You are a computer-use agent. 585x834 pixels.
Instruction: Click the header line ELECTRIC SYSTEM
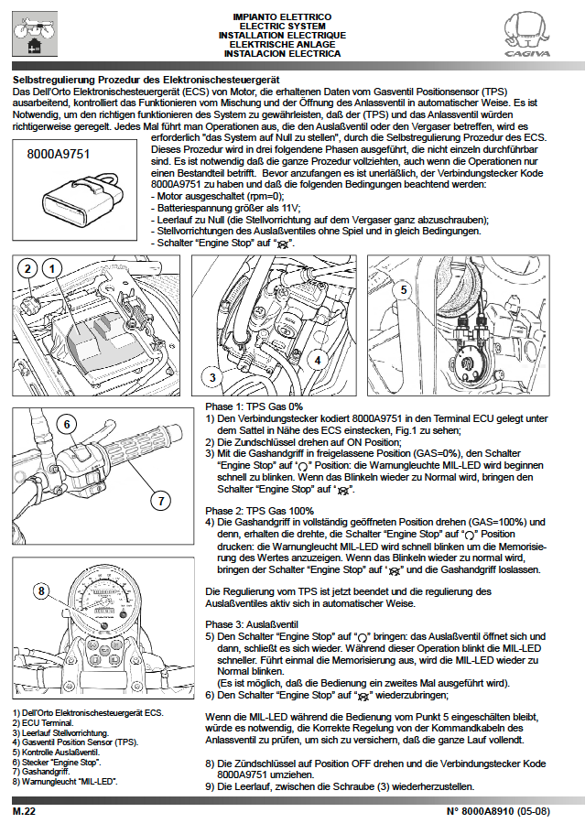[282, 27]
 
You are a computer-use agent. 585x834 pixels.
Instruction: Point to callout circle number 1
[54, 268]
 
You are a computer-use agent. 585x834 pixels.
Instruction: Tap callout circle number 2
[29, 268]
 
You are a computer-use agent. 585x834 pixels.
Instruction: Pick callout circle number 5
[402, 290]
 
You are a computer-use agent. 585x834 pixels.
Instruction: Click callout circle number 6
[67, 424]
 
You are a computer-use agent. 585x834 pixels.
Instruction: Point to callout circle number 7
[159, 501]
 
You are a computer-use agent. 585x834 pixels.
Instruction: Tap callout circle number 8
[41, 590]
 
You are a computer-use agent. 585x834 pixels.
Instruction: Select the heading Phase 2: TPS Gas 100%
[259, 510]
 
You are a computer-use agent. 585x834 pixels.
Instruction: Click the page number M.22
[24, 811]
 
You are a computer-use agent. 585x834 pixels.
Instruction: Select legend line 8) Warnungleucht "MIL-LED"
[66, 783]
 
